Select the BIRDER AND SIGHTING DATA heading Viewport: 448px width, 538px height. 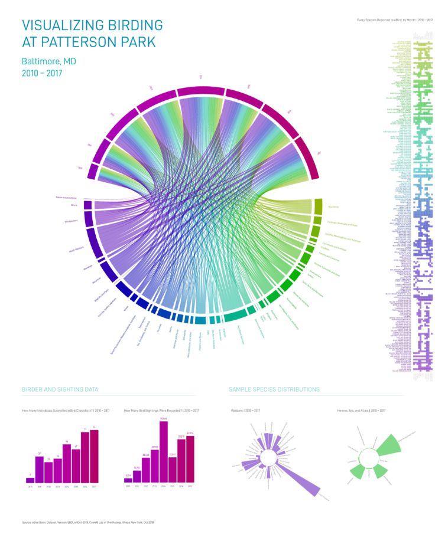pos(60,389)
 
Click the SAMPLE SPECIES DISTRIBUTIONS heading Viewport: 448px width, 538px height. pos(274,389)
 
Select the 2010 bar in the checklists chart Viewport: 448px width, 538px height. pos(30,480)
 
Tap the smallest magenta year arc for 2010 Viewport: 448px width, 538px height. pos(92,171)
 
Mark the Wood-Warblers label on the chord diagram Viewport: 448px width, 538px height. pos(77,250)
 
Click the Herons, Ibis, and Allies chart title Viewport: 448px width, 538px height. pos(361,410)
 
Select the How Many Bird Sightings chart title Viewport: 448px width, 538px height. pos(161,410)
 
